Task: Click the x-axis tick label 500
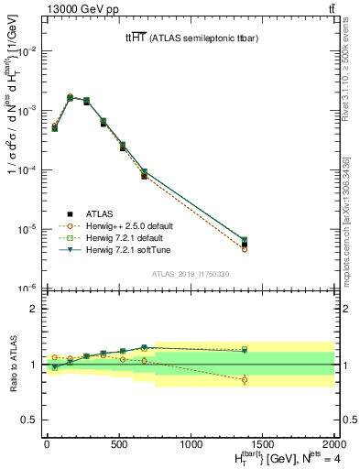tap(119, 446)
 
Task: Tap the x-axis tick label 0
tap(47, 446)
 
